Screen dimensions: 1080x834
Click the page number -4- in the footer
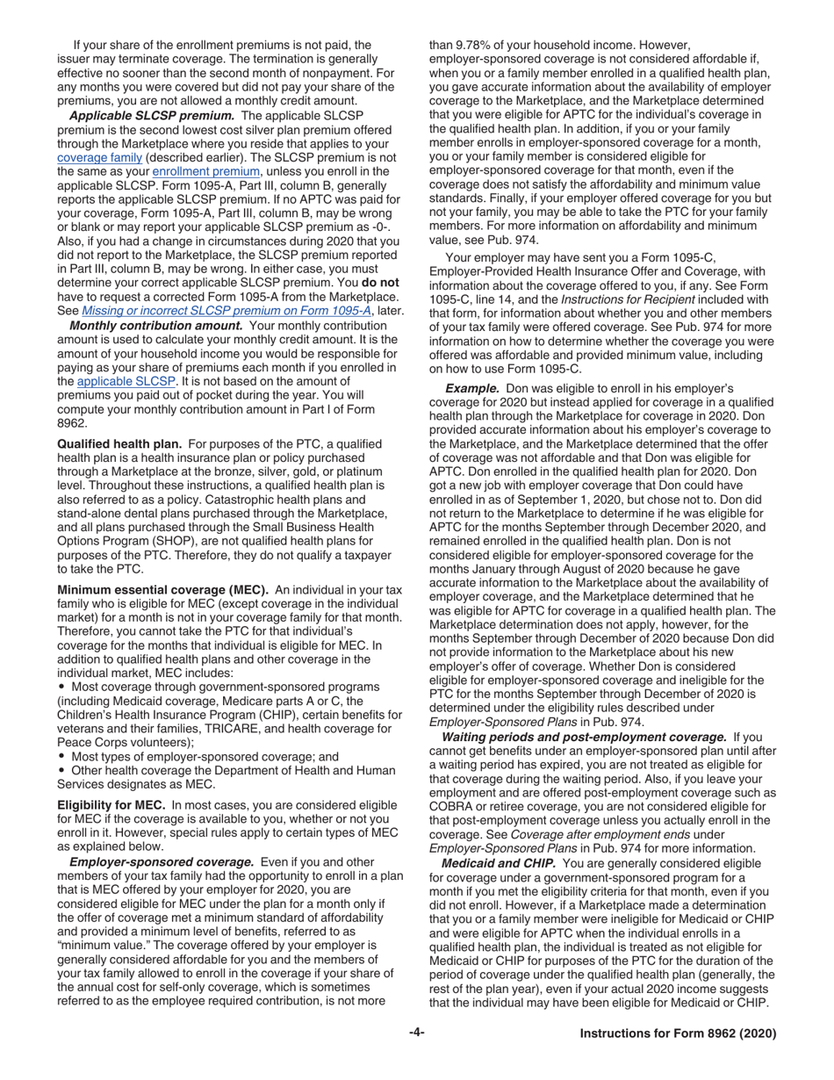click(x=417, y=1033)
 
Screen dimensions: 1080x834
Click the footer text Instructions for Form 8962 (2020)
click(x=678, y=1034)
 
